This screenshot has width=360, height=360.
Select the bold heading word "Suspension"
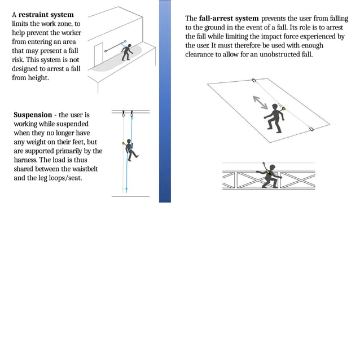click(33, 115)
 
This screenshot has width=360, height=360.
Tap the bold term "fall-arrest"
click(221, 19)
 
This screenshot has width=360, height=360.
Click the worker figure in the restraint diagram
click(128, 52)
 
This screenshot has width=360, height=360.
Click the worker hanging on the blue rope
click(131, 150)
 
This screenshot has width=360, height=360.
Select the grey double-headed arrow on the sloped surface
click(261, 103)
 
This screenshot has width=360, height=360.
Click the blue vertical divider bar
click(165, 101)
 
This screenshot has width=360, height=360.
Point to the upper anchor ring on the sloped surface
click(254, 80)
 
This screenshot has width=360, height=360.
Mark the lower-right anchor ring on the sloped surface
click(311, 129)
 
